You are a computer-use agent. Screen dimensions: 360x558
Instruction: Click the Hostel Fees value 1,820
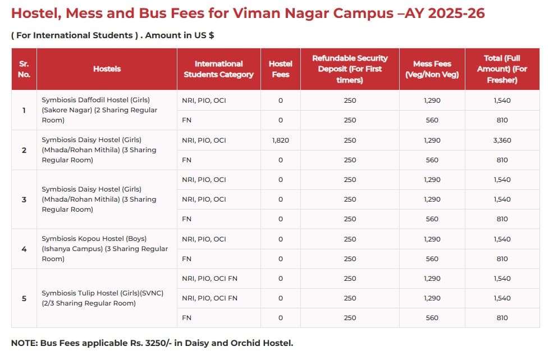280,140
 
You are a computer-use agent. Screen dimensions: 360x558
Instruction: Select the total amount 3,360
502,140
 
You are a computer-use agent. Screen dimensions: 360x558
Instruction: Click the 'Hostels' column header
107,69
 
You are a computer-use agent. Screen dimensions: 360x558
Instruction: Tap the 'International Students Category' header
218,69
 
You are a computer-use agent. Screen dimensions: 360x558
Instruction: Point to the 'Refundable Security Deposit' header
350,69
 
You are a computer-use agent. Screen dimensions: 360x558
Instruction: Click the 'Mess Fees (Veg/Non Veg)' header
432,69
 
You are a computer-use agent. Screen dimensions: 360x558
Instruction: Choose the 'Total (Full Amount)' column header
502,69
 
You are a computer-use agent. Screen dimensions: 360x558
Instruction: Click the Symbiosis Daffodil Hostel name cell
99,110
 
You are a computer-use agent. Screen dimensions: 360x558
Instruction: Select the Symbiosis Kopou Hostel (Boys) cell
104,249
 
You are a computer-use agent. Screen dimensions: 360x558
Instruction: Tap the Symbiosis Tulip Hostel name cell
102,298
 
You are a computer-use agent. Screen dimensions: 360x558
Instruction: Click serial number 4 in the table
24,249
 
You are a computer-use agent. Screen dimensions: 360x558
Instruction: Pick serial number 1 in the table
24,110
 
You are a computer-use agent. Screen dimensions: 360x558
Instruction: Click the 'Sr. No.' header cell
24,69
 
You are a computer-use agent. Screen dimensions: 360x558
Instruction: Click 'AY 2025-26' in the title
446,13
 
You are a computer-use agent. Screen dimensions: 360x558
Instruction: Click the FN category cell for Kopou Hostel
187,259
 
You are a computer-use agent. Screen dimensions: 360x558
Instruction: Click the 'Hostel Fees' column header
280,69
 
